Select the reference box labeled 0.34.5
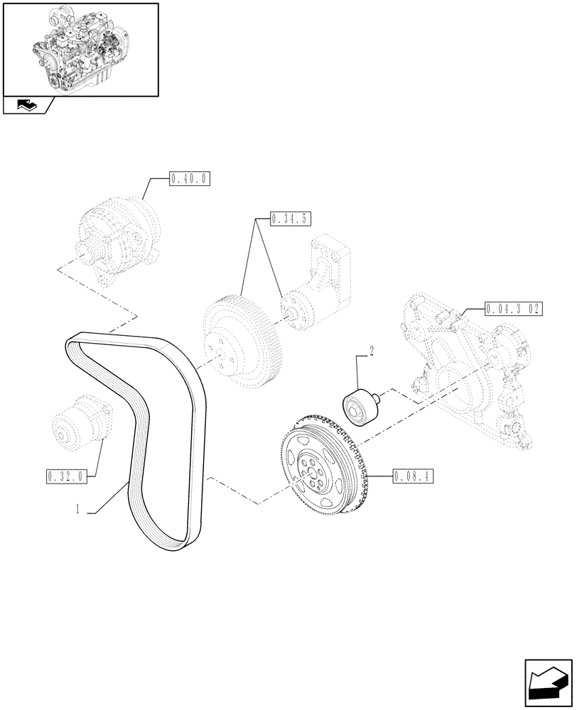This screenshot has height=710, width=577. pos(291,219)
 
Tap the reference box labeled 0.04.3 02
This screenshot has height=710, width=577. pos(514,309)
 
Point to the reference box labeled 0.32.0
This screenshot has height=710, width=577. pos(65,476)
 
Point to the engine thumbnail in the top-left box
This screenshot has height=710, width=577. pos(80,48)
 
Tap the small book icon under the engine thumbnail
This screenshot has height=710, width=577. pos(27,106)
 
